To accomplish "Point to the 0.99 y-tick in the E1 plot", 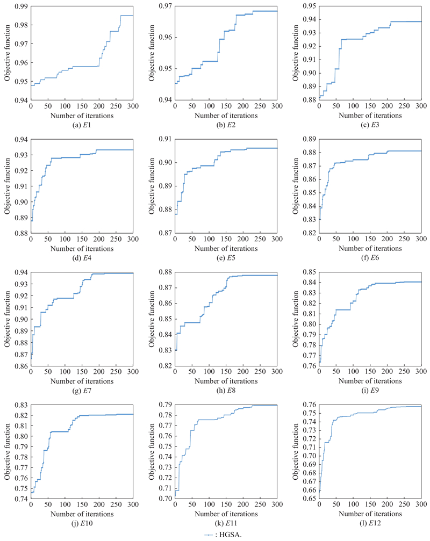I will (x=21, y=6).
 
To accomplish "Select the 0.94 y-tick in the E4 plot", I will (x=21, y=139).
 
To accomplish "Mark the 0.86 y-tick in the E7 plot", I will (x=21, y=366).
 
